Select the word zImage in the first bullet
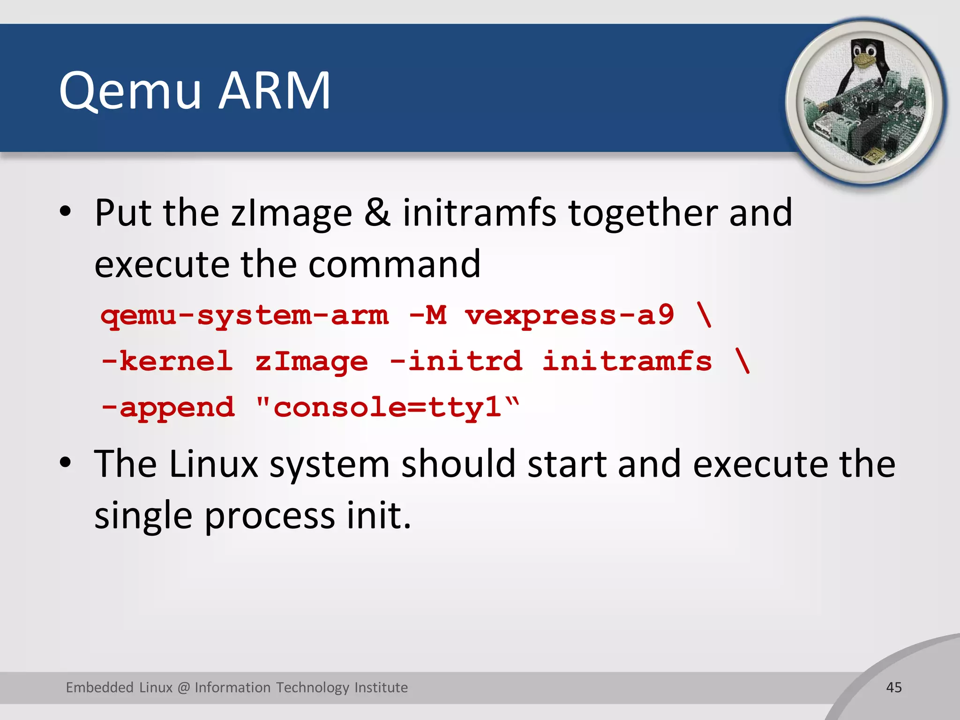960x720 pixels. click(x=291, y=214)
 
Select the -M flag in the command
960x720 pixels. click(x=427, y=315)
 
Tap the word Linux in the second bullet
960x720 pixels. click(x=214, y=464)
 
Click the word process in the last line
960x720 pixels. click(x=270, y=516)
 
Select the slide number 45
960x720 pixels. click(x=894, y=687)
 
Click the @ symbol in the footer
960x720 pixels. click(x=184, y=688)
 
